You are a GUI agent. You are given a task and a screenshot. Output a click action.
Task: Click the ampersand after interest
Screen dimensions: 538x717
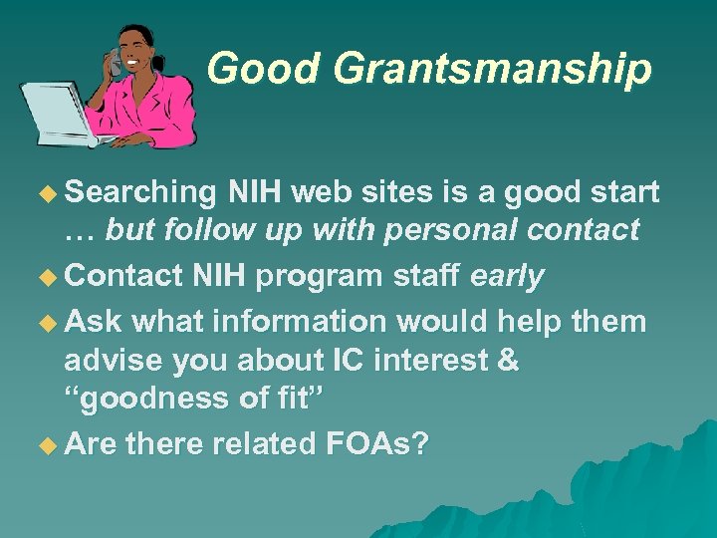tap(507, 360)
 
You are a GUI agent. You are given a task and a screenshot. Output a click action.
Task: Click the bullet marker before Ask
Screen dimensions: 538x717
tap(48, 321)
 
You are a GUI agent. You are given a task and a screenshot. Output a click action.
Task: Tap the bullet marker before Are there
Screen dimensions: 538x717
tap(48, 442)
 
